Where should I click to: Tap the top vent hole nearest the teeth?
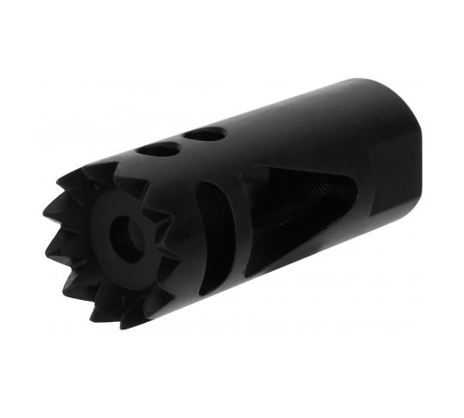pyautogui.click(x=159, y=150)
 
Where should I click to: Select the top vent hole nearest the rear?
pyautogui.click(x=205, y=133)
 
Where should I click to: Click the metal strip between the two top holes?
pyautogui.click(x=183, y=142)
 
